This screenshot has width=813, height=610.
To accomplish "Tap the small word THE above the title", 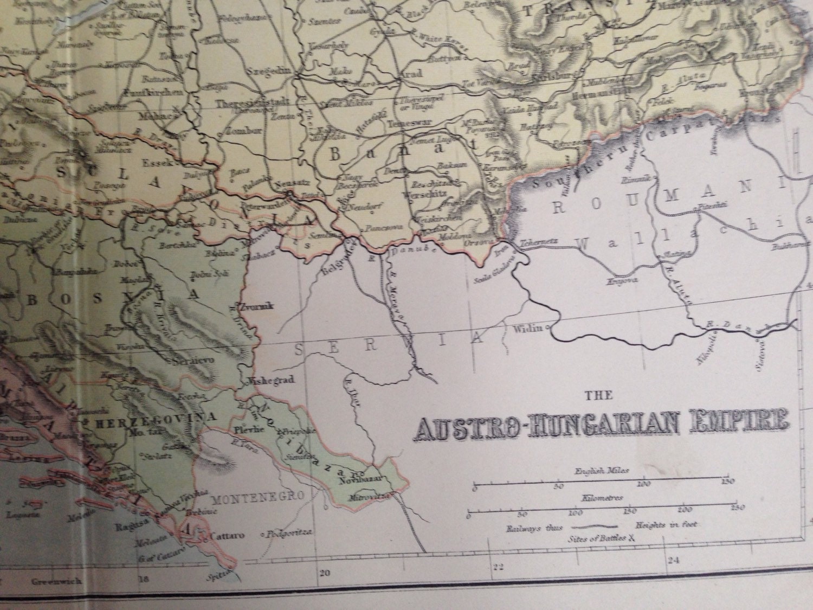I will [598, 396].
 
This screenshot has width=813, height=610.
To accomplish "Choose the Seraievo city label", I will [186, 360].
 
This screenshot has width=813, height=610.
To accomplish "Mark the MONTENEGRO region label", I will [250, 496].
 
